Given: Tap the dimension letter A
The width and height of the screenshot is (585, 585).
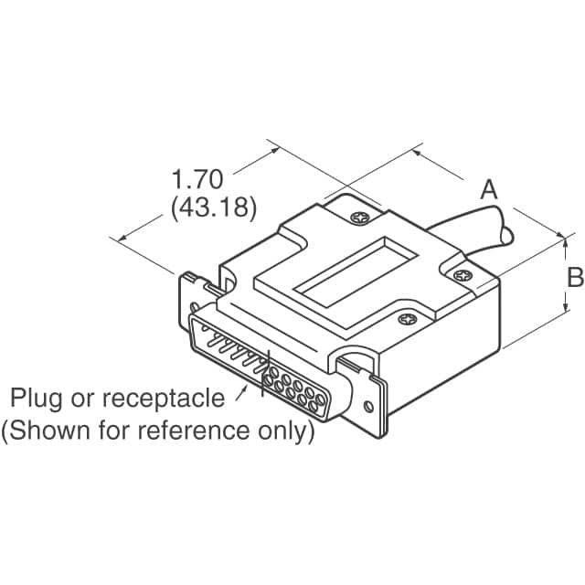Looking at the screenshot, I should point(490,190).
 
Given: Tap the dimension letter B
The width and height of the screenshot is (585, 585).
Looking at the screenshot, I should point(574,277).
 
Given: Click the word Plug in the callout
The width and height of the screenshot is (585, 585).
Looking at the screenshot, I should point(37,399).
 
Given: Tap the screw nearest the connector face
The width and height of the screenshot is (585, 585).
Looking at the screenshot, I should point(405,320).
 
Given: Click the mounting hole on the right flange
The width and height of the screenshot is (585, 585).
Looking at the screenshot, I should point(369,408).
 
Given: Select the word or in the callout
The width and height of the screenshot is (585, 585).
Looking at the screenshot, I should point(85,399).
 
